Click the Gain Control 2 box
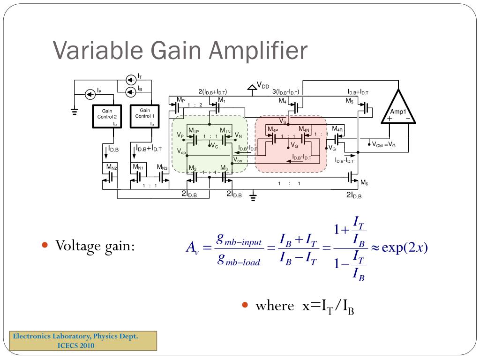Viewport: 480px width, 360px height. coord(106,116)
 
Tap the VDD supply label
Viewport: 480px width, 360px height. coord(263,86)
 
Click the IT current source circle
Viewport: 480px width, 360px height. coord(131,79)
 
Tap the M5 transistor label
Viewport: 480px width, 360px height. coord(350,101)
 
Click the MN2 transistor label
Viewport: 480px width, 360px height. coord(112,167)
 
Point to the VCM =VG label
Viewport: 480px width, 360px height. coord(384,145)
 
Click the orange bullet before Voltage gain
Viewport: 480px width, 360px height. coord(45,245)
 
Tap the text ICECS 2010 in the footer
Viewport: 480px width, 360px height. coord(75,345)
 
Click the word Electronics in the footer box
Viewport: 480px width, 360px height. coord(32,336)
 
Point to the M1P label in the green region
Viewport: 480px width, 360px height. coord(194,130)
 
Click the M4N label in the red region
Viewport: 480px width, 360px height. coord(304,129)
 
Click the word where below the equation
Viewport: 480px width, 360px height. coord(274,306)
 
